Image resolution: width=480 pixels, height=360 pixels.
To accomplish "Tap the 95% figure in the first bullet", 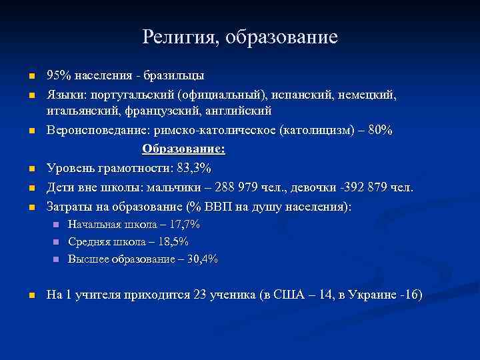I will pyautogui.click(x=57, y=75).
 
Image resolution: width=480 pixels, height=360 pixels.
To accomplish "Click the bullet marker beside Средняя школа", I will pyautogui.click(x=57, y=242).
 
